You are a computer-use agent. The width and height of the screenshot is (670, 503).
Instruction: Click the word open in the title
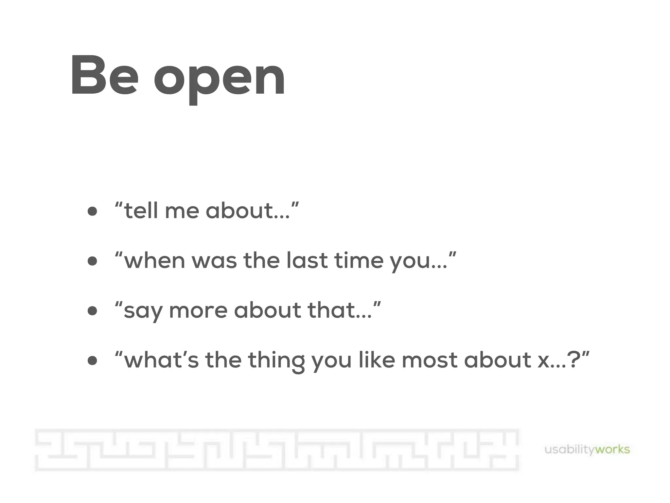point(220,79)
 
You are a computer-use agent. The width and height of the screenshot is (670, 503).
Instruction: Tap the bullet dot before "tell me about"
point(93,211)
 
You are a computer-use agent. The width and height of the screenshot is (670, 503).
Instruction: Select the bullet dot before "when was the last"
point(93,261)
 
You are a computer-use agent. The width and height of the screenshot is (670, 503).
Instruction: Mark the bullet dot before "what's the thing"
point(93,361)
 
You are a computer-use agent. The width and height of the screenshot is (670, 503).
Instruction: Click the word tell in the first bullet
point(141,210)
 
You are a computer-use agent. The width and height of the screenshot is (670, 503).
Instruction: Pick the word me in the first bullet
point(182,211)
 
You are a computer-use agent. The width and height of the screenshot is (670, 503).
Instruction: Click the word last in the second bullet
point(307,261)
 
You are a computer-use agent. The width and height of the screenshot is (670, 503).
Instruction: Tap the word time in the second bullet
point(359,261)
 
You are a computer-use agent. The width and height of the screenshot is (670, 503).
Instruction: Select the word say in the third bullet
point(143,311)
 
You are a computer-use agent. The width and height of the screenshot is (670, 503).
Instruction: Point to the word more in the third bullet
point(198,311)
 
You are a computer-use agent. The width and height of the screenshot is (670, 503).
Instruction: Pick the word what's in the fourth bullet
point(161,360)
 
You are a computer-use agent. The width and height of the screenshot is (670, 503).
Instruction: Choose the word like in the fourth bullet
point(377,360)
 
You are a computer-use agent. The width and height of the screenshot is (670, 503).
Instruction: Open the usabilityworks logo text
point(587,449)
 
